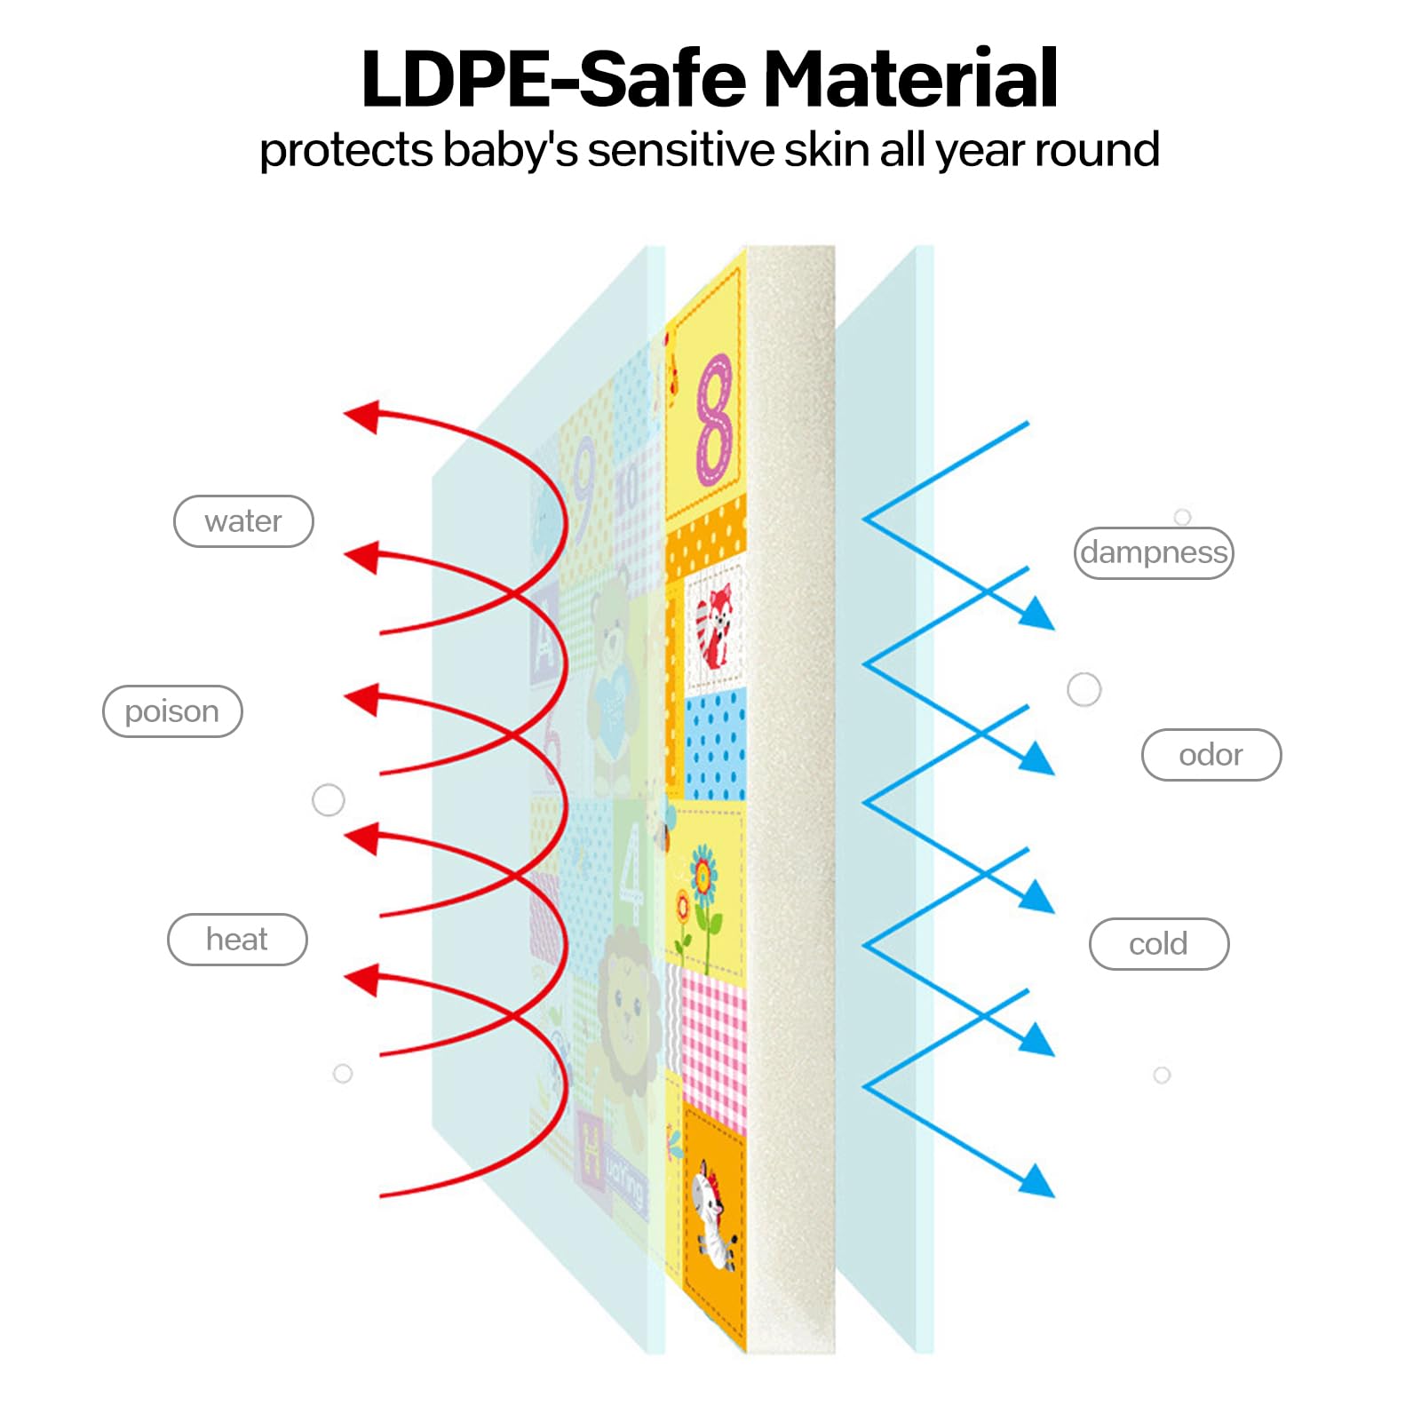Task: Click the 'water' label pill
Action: (243, 521)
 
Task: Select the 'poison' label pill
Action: (172, 711)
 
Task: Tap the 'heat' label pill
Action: (237, 940)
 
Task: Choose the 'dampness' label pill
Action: (1154, 552)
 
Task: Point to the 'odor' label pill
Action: (1211, 755)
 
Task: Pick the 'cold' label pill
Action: (1159, 944)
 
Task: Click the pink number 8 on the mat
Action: (715, 419)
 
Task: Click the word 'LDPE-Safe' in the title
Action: (556, 80)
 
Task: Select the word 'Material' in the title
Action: (911, 80)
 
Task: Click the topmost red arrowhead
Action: (361, 417)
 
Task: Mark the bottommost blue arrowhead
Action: (1036, 1180)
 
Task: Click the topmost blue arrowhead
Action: (1036, 613)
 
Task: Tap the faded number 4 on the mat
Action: (631, 875)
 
